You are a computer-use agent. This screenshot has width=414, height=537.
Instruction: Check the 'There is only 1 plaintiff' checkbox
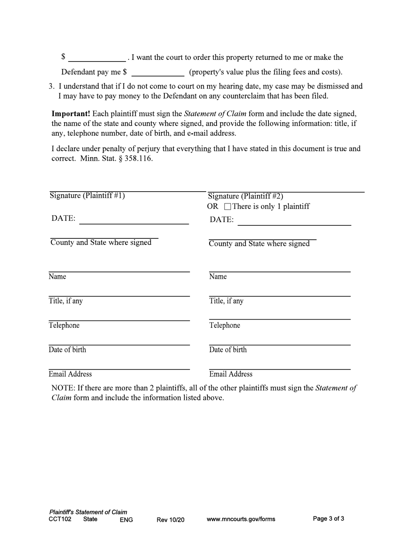(227, 207)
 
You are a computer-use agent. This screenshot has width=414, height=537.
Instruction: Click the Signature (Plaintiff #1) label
(87, 196)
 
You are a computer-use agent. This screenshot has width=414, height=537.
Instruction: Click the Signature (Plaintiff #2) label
(246, 196)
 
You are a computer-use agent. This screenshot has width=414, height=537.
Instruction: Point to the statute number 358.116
(139, 158)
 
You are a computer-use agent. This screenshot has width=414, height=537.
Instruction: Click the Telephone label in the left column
(64, 326)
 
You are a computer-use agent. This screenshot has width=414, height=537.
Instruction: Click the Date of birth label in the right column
(228, 350)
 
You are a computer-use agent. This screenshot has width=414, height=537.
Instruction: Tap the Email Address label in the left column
(70, 374)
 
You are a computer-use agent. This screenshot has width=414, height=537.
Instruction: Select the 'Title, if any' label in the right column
(227, 301)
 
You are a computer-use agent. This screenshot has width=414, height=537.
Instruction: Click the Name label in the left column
(57, 277)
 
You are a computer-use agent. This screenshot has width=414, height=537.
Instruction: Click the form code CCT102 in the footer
(60, 519)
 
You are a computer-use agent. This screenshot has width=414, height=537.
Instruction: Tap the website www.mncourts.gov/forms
(241, 520)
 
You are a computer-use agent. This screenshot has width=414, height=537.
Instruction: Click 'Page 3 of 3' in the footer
(329, 519)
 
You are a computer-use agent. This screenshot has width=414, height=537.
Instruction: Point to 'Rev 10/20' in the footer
(170, 520)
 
